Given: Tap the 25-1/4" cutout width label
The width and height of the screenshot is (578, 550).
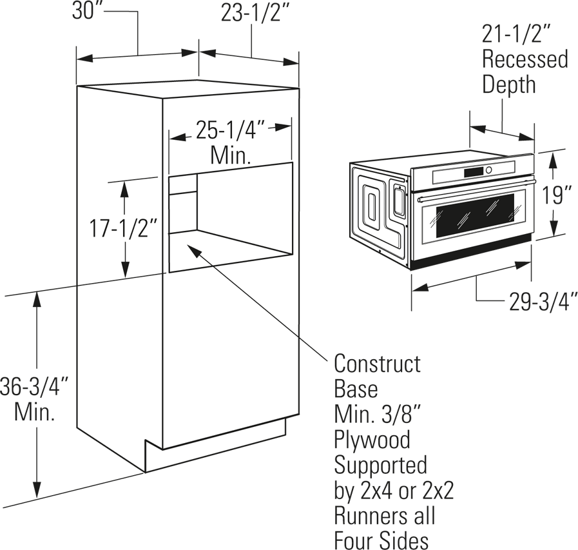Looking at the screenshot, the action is click(x=230, y=130).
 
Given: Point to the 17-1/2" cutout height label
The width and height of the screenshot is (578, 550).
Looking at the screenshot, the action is click(x=122, y=228).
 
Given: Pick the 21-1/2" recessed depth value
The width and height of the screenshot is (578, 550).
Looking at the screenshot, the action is click(x=515, y=35).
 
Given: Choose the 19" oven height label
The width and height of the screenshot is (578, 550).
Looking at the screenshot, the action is click(x=556, y=195).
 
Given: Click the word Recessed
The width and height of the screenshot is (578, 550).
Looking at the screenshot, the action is click(x=525, y=59).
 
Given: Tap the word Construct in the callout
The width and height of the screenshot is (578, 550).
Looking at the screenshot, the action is click(x=377, y=364).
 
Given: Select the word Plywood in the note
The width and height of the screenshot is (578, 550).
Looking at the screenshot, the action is click(x=372, y=441).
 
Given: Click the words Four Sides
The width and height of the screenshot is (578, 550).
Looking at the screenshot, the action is click(x=381, y=541).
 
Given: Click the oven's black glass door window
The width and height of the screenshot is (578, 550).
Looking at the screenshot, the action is click(x=475, y=216).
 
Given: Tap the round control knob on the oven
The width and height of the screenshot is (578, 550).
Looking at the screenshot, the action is click(x=489, y=170).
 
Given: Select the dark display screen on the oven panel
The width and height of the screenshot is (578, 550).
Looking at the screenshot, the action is click(x=474, y=172).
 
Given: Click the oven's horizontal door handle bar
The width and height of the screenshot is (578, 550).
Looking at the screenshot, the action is click(x=476, y=190).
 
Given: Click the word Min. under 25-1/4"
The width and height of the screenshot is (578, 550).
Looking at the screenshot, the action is click(x=231, y=155).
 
